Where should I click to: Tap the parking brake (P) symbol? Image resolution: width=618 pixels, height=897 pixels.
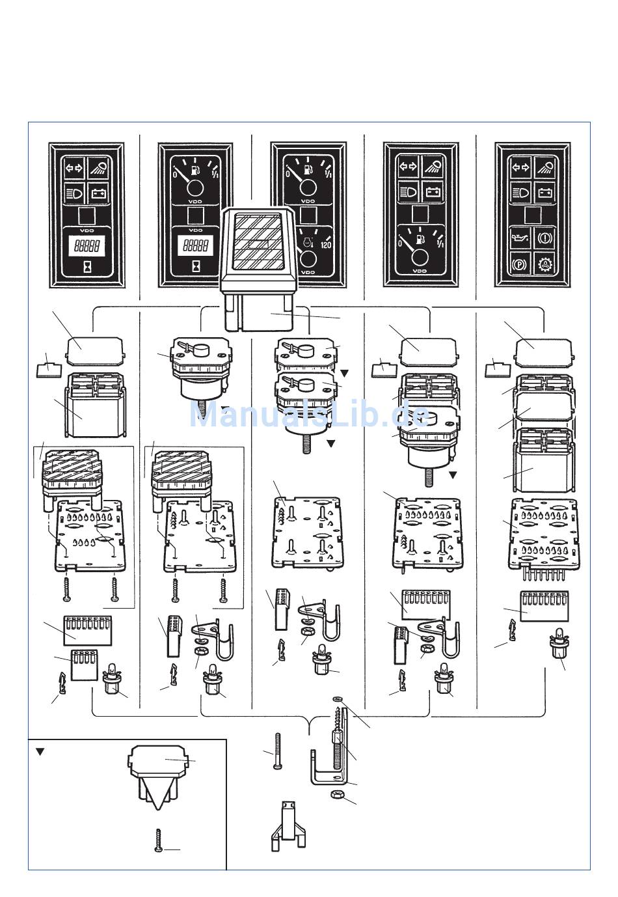(521, 266)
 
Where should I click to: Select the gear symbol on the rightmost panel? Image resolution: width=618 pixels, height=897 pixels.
(546, 266)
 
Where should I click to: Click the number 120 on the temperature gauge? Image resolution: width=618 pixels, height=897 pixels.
(326, 245)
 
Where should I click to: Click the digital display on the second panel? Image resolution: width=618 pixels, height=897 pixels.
(196, 246)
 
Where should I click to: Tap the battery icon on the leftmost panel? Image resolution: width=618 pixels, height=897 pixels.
(98, 193)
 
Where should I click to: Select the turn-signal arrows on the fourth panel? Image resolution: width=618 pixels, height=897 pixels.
(407, 167)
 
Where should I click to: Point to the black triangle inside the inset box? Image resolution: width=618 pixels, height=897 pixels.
(40, 751)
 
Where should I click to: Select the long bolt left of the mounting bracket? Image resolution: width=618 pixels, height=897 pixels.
(279, 751)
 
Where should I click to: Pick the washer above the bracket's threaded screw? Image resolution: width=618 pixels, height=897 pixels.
(336, 700)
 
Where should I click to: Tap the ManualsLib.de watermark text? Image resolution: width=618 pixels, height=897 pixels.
(309, 415)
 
